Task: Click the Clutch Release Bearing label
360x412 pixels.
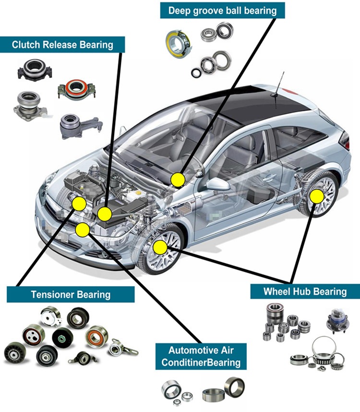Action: point(62,45)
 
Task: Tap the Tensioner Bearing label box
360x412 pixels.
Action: point(71,294)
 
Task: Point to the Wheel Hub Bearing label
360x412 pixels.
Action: point(305,291)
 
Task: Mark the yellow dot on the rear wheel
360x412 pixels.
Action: point(316,196)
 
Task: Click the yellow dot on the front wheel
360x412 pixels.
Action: point(160,248)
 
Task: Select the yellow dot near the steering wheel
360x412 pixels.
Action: point(178,180)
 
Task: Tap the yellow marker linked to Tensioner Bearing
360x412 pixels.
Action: point(78,204)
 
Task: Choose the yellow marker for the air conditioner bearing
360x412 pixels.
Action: point(83,230)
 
